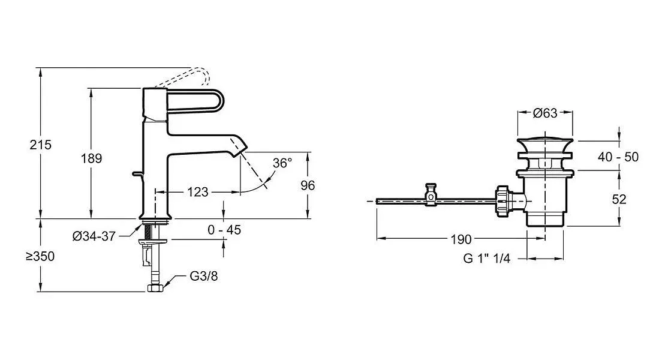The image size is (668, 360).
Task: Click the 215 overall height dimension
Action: (40, 145)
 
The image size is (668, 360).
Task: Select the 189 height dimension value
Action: (92, 158)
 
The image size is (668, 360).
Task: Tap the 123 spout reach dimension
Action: (198, 192)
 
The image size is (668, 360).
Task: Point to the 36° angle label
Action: (282, 163)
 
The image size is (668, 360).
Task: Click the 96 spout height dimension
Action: (308, 185)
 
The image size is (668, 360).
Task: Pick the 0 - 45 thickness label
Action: (224, 230)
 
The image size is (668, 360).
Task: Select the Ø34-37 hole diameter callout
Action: (94, 236)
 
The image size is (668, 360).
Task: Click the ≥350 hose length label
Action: (40, 256)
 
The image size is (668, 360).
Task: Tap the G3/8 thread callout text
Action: (204, 277)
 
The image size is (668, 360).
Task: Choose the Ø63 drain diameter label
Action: (545, 113)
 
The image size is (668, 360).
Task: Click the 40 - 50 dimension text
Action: (618, 157)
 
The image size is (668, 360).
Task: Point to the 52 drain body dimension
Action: (619, 199)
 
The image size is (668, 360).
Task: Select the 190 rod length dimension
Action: (461, 239)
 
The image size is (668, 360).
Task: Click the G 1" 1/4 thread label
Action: (486, 258)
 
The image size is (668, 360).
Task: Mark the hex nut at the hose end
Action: (155, 289)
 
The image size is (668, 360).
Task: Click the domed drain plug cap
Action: (545, 140)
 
